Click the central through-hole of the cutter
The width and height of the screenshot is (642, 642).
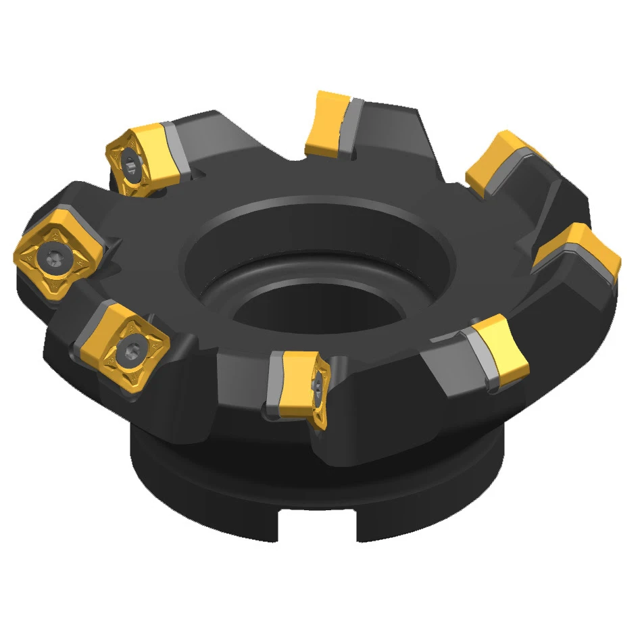(x=318, y=311)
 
